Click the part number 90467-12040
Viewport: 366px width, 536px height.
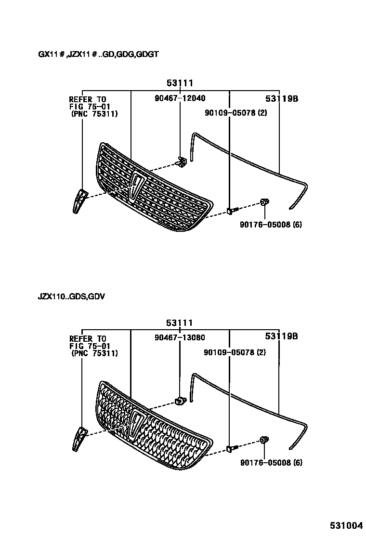(180, 98)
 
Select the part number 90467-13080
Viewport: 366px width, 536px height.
(180, 337)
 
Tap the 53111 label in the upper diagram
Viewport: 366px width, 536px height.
(180, 83)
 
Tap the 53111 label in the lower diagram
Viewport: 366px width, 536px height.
(180, 323)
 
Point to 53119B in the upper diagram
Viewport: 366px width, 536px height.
(282, 99)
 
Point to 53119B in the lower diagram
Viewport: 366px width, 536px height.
(282, 336)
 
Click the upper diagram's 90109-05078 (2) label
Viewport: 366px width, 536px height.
(235, 113)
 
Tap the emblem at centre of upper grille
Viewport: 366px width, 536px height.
(137, 186)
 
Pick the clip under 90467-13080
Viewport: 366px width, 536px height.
(181, 400)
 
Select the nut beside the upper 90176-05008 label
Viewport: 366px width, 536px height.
(264, 201)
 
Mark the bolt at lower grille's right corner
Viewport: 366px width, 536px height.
(230, 449)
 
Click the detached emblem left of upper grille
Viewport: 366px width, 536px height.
(79, 201)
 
